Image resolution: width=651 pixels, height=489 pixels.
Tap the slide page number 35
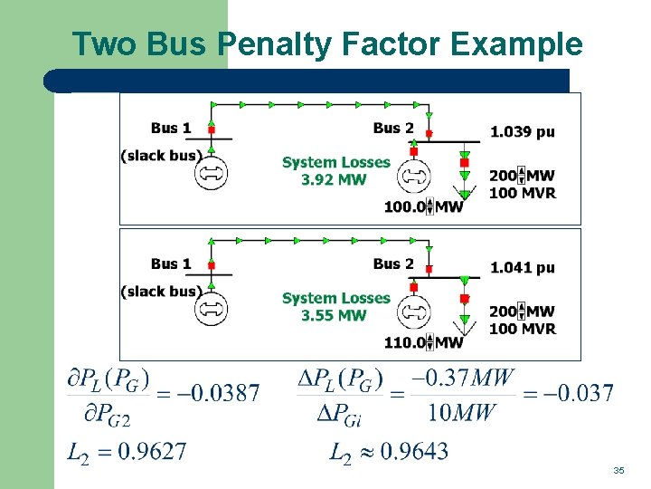tap(618, 471)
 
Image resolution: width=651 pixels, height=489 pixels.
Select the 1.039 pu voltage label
tap(522, 132)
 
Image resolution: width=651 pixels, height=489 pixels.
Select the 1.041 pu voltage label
tap(522, 268)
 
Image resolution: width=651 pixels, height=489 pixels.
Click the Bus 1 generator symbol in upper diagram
tap(211, 172)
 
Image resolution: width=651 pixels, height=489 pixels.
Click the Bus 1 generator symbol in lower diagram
tap(211, 308)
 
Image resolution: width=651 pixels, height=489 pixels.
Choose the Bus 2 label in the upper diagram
tap(392, 128)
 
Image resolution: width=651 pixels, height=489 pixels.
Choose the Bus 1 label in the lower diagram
tap(171, 264)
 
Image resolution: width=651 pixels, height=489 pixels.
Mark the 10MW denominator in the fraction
tap(461, 414)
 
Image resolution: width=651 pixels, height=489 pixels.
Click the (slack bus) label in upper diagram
tap(161, 156)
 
